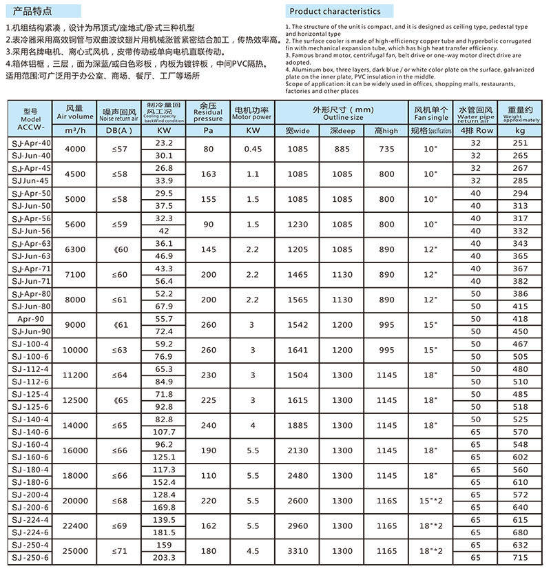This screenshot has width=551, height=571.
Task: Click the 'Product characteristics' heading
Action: [335, 12]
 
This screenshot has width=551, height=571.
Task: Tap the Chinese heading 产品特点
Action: [32, 12]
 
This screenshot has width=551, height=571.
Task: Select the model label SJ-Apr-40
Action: [32, 143]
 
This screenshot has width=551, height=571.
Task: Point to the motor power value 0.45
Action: [253, 149]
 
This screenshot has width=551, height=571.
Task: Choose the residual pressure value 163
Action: [208, 174]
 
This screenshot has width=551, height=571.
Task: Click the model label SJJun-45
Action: [32, 180]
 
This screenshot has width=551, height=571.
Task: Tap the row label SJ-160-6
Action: [32, 457]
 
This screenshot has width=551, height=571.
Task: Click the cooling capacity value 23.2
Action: [164, 143]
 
